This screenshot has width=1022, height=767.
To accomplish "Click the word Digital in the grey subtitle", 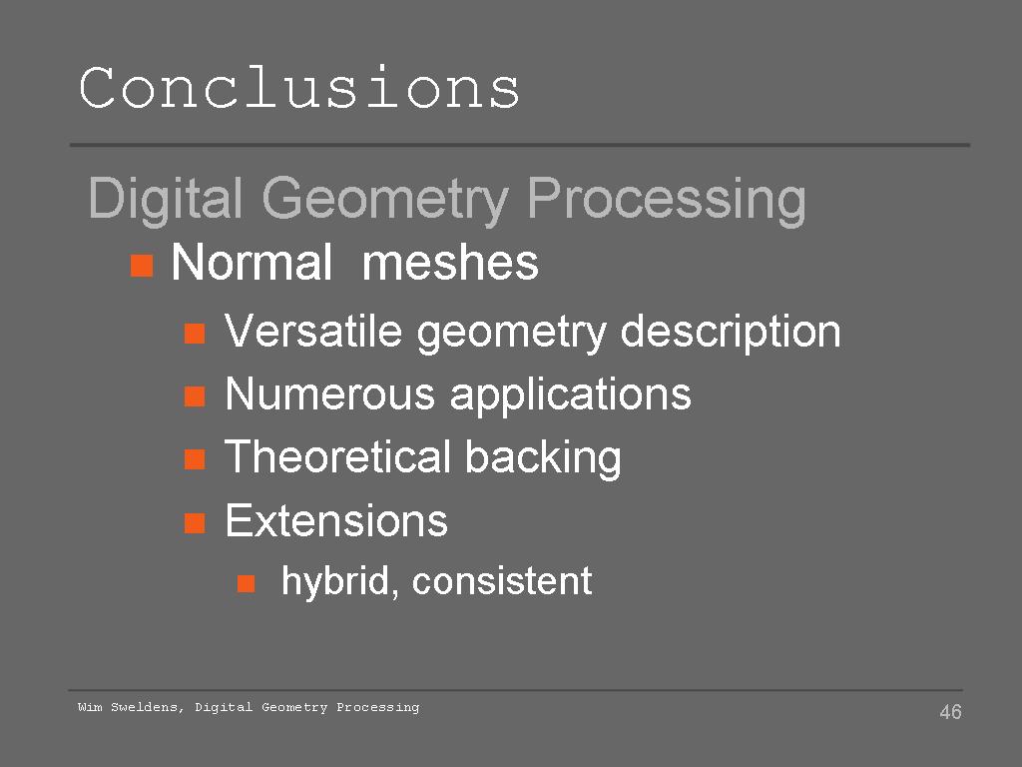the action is coord(166,200).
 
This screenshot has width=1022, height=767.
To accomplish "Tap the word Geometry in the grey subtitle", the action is coord(385,200).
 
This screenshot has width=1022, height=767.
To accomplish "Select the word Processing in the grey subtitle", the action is coord(666,200).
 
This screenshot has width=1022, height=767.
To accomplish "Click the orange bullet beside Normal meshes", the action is coord(142,266).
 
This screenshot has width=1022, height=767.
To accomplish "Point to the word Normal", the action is coord(252,263).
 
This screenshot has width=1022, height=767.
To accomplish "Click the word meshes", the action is coord(450,263).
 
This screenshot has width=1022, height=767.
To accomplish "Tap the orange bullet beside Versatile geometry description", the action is coord(195,334).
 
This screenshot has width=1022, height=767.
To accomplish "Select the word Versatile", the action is coord(312,331).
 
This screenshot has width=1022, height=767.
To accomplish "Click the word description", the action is coord(730,332).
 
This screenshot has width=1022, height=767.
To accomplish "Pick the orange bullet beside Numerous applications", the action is coord(195,395).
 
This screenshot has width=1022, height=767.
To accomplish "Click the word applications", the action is coord(570,395).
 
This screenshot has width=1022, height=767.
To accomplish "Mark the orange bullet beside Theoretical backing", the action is coord(195,459).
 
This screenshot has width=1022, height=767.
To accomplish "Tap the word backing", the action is coord(543,457).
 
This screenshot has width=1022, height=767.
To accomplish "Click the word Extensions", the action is coord(336,520).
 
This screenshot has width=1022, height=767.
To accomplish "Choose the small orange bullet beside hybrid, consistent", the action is coord(246,583).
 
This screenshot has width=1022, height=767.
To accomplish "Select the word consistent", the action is coord(502,581).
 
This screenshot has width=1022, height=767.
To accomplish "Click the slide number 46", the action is coord(950,711).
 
